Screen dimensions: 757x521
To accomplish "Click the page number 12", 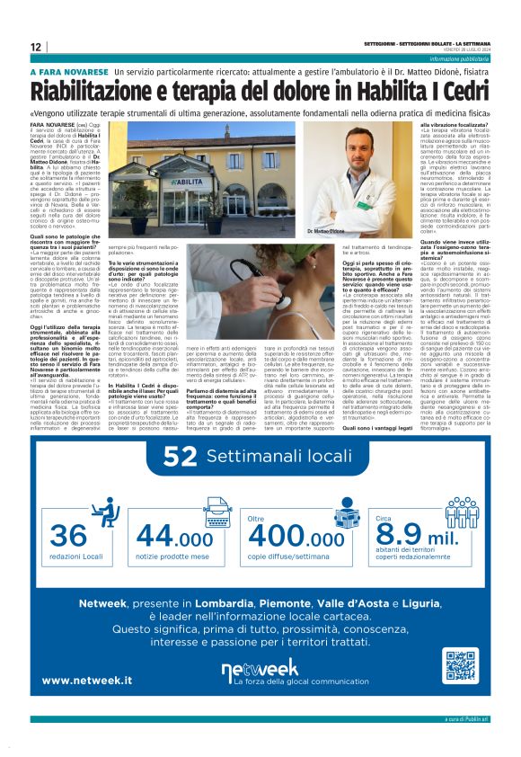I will (36, 47).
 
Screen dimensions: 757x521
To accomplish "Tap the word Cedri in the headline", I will (464, 92).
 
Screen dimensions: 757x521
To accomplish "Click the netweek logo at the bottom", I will (260, 668).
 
